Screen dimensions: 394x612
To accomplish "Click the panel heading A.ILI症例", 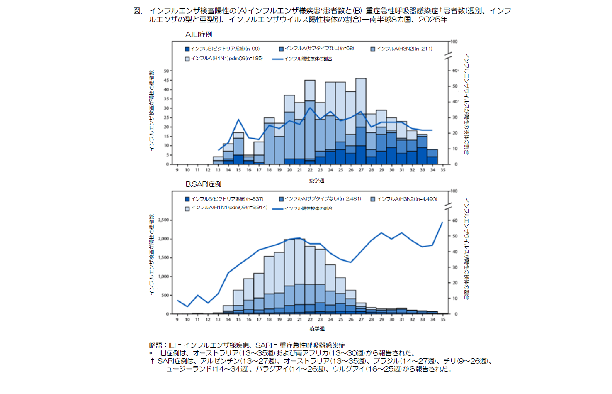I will [199, 34].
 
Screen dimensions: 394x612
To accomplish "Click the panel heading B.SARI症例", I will [203, 184].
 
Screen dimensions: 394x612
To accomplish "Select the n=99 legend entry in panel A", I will [223, 49].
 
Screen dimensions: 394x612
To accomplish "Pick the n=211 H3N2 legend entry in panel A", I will [401, 49].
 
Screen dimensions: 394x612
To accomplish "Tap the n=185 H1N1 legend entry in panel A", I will [224, 59].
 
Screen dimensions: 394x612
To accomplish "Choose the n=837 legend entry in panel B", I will [224, 199].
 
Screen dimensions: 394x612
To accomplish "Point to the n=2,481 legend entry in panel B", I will [320, 199].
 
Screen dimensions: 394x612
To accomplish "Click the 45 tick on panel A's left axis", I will [166, 80].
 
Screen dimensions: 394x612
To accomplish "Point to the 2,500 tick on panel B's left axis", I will [163, 220].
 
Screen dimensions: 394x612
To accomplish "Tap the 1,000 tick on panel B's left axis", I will [163, 277].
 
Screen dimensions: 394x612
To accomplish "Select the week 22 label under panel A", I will [310, 170].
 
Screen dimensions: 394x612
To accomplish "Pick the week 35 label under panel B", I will [443, 319].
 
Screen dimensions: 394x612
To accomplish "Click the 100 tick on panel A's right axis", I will [454, 42].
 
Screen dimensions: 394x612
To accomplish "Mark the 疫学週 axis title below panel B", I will [317, 329].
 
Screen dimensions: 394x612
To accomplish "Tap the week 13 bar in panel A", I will [218, 160].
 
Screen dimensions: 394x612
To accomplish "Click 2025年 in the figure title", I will [433, 20].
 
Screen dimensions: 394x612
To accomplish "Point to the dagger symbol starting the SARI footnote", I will [152, 361].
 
